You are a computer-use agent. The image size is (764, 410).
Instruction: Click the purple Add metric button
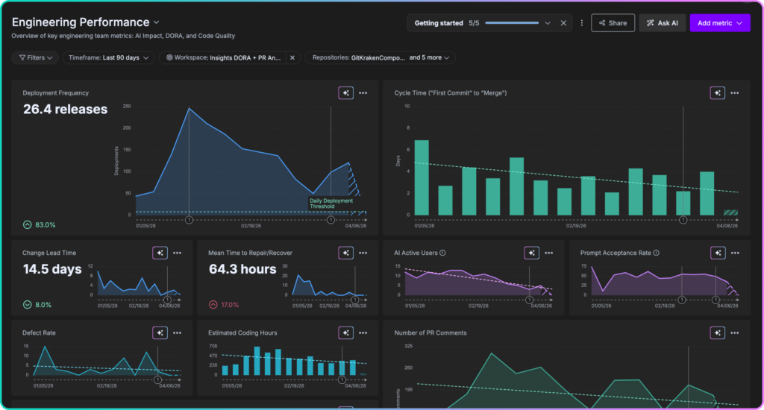[x=719, y=23]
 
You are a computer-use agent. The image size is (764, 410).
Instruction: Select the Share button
[x=613, y=23]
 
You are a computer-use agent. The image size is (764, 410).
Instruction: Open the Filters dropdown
[x=35, y=57]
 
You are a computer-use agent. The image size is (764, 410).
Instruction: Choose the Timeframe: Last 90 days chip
[x=108, y=57]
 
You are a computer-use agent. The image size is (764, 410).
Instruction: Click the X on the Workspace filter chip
[x=292, y=57]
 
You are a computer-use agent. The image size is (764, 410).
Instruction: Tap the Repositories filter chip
[x=379, y=57]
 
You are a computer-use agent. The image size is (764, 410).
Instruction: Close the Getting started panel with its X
[x=563, y=23]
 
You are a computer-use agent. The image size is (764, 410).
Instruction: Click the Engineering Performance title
[x=80, y=22]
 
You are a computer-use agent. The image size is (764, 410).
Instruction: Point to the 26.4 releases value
[x=65, y=110]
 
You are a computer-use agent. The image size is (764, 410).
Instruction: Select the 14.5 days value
[x=51, y=269]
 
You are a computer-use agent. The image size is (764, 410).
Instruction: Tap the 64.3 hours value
[x=242, y=269]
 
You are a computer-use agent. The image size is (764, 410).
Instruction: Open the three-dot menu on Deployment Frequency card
[x=363, y=93]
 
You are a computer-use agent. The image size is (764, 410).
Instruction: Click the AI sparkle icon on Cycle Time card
[x=716, y=93]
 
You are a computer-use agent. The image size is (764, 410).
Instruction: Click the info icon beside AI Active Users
[x=442, y=253]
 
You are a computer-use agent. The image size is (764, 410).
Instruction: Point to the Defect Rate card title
[x=39, y=332]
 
